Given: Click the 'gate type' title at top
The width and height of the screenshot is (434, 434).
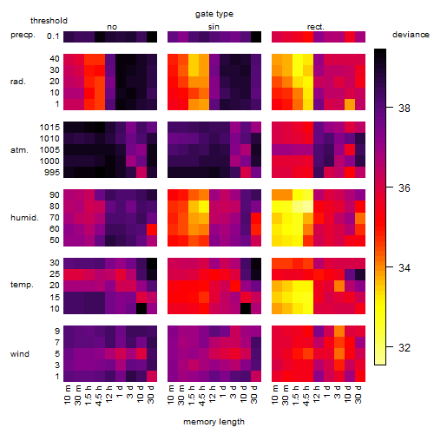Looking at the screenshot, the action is click(x=214, y=14).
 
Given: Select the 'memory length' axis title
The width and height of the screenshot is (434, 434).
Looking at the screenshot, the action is click(x=214, y=422).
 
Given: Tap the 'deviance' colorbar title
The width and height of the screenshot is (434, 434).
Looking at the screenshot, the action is click(x=411, y=35).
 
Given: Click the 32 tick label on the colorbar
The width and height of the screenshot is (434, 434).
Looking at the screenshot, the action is click(x=404, y=347).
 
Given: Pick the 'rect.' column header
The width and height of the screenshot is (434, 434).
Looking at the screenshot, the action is click(x=315, y=27).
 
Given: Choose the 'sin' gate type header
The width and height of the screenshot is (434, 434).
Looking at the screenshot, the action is click(x=214, y=27).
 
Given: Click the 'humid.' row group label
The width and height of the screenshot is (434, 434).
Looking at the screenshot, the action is click(x=24, y=218).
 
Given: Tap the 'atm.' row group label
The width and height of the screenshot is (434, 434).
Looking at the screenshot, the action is click(x=19, y=150).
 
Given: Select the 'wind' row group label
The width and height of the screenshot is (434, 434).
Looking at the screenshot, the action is click(x=20, y=354).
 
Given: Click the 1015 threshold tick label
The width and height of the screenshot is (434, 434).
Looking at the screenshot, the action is click(x=49, y=128).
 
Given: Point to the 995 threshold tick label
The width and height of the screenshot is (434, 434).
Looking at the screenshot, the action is click(x=52, y=173).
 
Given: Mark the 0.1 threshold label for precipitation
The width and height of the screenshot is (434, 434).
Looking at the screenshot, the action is click(x=53, y=36).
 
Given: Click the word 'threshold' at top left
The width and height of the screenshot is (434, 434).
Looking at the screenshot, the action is click(x=49, y=21).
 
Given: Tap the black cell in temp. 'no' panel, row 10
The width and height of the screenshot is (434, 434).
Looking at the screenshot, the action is click(x=141, y=309).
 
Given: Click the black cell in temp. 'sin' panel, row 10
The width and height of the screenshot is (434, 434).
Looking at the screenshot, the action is click(x=246, y=309).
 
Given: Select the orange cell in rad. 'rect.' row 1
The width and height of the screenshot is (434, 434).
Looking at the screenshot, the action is click(x=350, y=104).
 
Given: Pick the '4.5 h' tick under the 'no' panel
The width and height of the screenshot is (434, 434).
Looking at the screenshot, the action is click(x=98, y=395).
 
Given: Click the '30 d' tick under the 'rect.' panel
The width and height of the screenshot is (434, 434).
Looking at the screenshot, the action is click(x=358, y=395).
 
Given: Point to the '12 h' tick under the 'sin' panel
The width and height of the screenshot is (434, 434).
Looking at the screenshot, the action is click(x=213, y=394).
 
